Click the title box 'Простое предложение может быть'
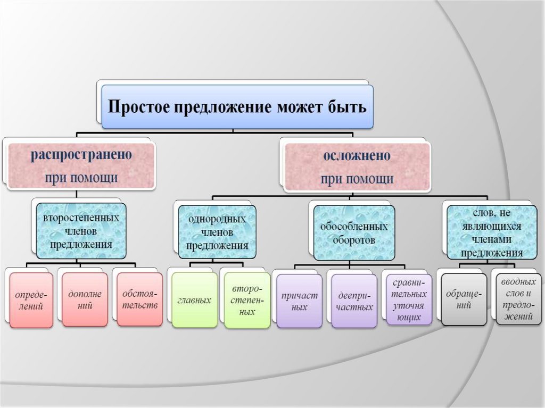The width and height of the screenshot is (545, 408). point(237,106)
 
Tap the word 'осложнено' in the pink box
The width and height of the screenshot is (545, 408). point(357,157)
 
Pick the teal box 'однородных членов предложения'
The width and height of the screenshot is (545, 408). point(217,232)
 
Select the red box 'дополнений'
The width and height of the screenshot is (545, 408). point(85,299)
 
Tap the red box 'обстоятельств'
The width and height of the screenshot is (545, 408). point(139,299)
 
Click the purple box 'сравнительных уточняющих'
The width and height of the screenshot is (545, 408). point(409,300)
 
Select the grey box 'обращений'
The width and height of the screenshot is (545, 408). point(464,299)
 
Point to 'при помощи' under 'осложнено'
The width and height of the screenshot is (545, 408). point(357,179)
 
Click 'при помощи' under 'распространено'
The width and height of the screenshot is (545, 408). point(81,177)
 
